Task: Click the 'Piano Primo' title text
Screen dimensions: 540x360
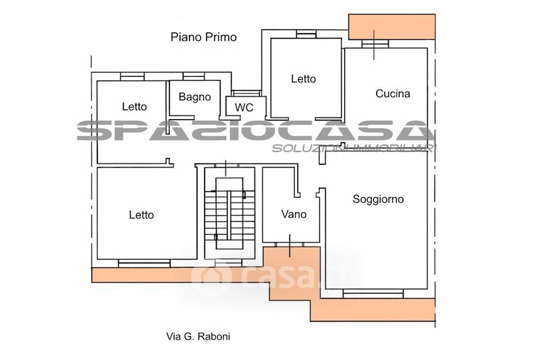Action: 204,37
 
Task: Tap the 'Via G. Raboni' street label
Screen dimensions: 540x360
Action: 198,336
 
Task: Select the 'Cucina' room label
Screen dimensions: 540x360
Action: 393,94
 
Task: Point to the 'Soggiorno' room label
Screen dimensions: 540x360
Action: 378,199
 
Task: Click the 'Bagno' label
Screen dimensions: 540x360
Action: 194,97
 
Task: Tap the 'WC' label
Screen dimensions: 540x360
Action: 244,107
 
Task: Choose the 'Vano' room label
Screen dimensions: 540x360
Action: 294,214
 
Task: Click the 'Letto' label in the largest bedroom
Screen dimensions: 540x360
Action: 141,215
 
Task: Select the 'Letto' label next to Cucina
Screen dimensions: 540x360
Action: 303,79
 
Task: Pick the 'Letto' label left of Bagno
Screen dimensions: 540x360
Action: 134,107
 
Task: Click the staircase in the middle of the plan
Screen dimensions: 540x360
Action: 230,213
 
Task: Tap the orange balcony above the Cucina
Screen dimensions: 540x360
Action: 392,27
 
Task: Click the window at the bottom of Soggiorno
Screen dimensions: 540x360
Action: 373,294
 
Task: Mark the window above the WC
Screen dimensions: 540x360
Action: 246,93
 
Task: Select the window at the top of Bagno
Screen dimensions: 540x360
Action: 194,76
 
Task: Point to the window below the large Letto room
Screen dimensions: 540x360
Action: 144,263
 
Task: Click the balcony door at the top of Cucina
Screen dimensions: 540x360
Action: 375,44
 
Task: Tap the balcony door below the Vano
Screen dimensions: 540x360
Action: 290,245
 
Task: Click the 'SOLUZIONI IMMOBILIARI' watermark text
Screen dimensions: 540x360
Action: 354,149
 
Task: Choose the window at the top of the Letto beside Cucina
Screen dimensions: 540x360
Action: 306,34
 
